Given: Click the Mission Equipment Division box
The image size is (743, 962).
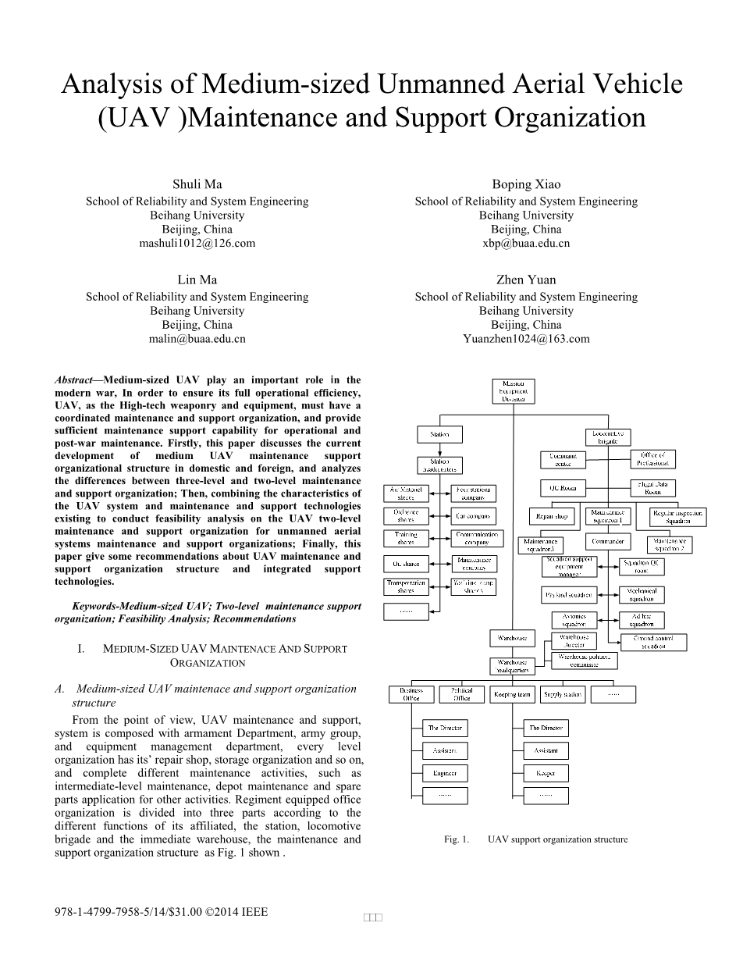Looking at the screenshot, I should click(x=514, y=391).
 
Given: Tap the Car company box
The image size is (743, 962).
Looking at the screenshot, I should click(x=474, y=516).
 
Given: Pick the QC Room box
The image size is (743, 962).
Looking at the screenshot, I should click(x=563, y=488).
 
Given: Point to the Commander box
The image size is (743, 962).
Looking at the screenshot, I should click(x=608, y=541).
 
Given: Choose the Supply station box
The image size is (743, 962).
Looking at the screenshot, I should click(x=563, y=694).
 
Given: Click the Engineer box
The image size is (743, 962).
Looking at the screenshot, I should click(x=445, y=773).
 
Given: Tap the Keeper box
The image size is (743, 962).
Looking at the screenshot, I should click(x=546, y=773).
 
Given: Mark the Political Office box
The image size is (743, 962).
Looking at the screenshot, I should click(x=462, y=694).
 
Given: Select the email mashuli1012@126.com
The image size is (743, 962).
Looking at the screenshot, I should click(x=197, y=244).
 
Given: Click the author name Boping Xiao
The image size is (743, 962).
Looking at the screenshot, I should click(x=526, y=185).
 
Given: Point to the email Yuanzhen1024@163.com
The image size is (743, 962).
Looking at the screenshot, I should click(x=526, y=339).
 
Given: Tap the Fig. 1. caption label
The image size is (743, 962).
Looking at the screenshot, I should click(x=457, y=839).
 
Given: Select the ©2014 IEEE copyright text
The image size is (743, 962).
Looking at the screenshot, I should click(x=236, y=911).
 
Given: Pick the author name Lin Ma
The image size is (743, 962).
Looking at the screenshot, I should click(x=197, y=280).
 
